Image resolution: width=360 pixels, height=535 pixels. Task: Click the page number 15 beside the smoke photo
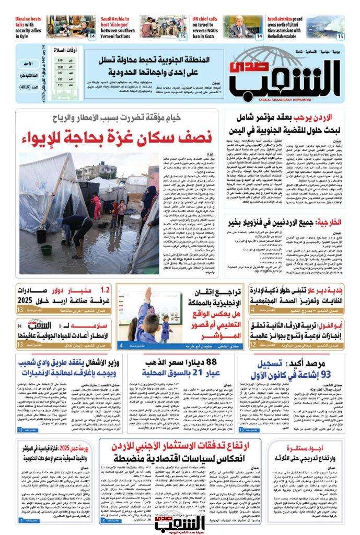(x=340, y=37)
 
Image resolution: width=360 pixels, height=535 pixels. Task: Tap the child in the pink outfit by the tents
(x=97, y=206)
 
